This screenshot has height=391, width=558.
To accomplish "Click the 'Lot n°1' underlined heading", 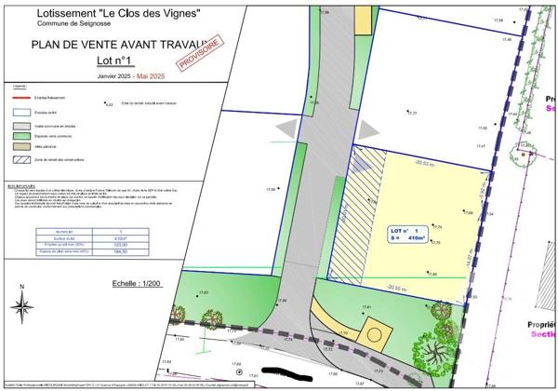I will (114, 61).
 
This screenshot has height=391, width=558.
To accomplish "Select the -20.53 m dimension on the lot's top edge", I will (426, 162).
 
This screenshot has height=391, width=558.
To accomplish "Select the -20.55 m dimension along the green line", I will (398, 288).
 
